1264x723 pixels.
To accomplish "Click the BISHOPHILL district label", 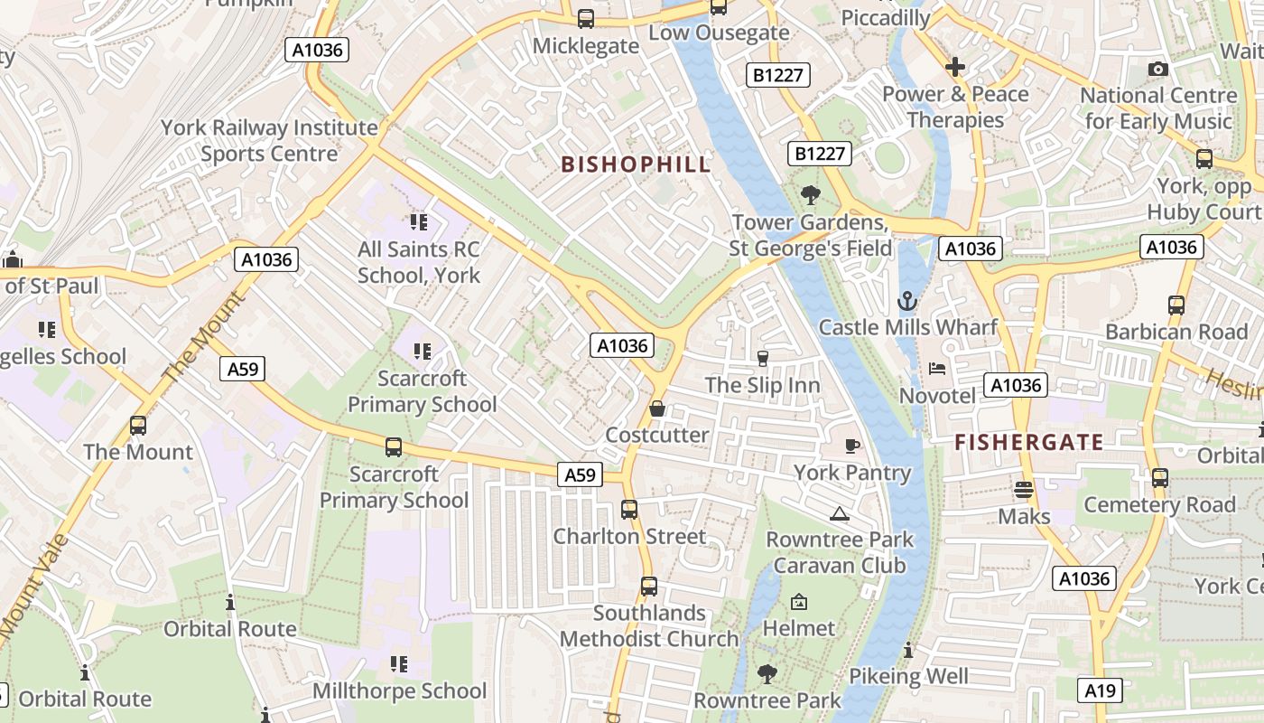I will point(636,164).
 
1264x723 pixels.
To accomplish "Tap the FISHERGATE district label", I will point(1028,442).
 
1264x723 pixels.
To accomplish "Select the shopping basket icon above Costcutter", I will point(657,409).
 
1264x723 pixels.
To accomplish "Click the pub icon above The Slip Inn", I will point(762,359).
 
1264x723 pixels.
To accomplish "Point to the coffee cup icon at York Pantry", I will point(851,446).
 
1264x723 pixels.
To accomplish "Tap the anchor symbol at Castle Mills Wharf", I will point(906,301).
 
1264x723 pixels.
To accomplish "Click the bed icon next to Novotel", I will point(937,369).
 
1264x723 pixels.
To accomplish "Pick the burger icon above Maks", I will point(1023,490).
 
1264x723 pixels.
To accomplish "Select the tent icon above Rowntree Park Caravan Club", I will point(839,514).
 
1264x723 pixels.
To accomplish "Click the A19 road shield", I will point(1100,691).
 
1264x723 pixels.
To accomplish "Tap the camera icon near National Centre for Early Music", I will point(1157,69).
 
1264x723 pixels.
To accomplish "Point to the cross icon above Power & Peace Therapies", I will point(954,67).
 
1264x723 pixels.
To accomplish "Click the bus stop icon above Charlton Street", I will point(629,510).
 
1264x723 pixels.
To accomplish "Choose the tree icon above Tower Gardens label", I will point(810,194).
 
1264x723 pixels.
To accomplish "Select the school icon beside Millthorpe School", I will point(398,665).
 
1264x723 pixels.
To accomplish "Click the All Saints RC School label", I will point(418,262).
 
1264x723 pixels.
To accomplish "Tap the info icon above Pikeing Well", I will point(907,650).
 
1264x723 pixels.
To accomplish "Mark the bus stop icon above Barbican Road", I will point(1176,305).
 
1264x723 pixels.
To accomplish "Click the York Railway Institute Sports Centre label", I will point(269,140).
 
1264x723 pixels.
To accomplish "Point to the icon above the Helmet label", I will point(799,602).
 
